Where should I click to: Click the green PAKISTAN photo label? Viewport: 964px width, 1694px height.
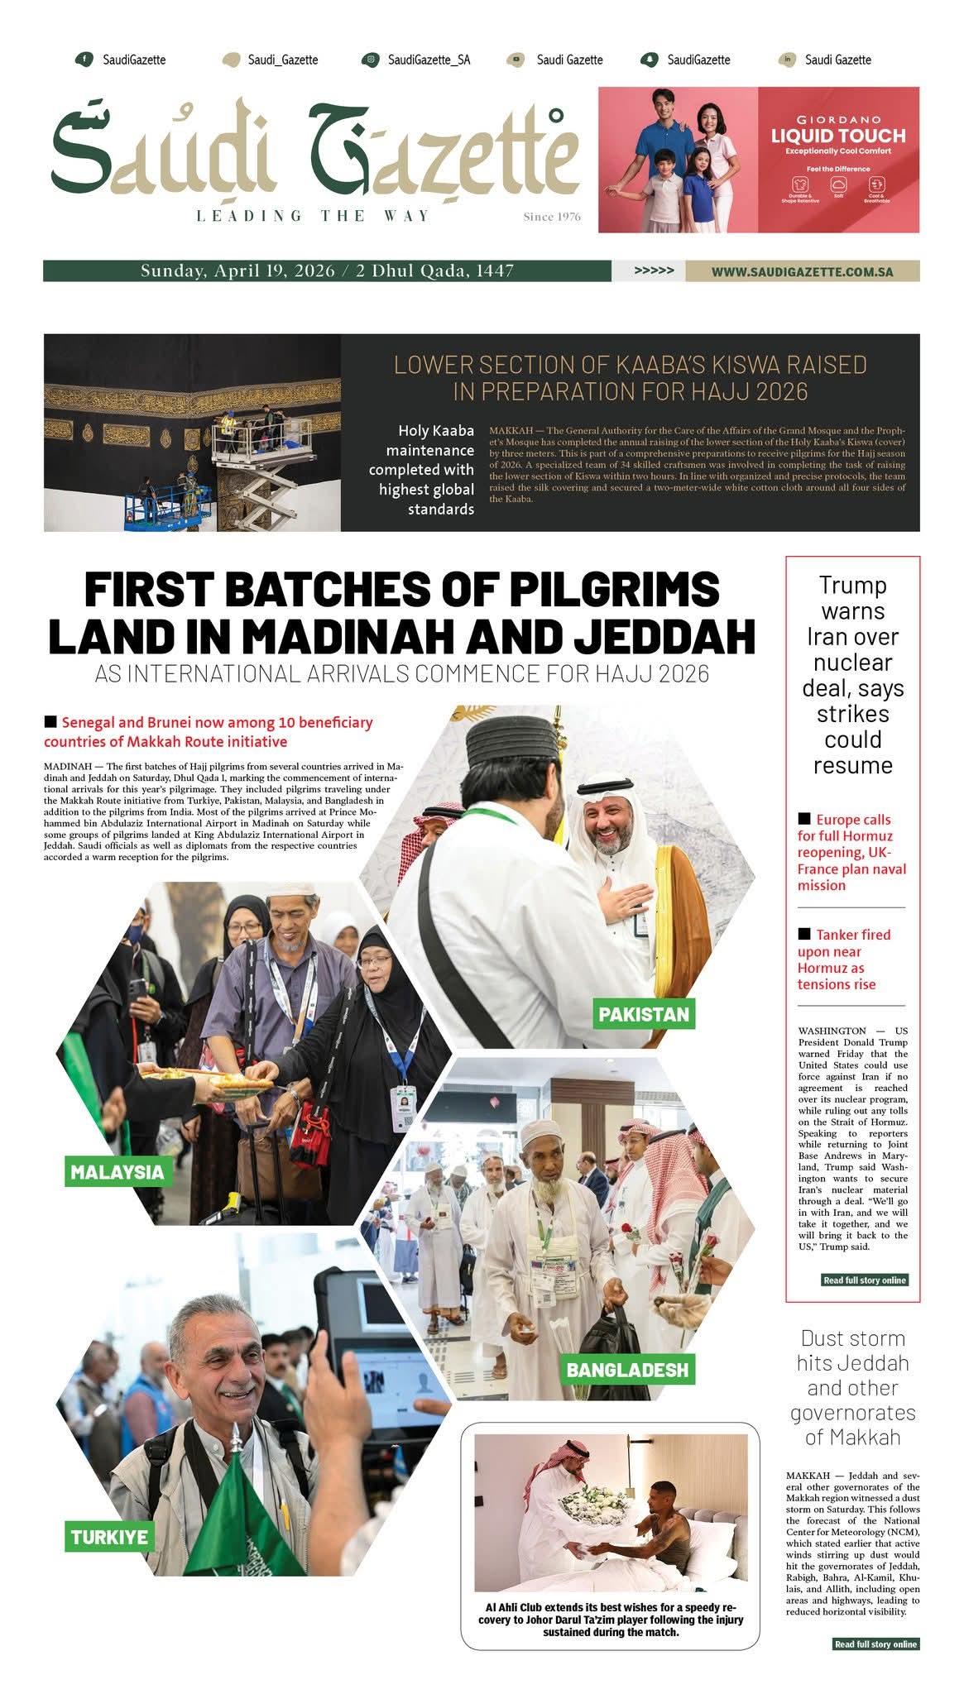(644, 1014)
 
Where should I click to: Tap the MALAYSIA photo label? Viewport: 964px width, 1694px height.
(117, 1172)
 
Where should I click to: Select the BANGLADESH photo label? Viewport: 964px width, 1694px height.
(627, 1370)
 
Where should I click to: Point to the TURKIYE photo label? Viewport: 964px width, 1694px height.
(109, 1538)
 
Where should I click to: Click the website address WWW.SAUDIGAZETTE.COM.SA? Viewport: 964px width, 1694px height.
(802, 271)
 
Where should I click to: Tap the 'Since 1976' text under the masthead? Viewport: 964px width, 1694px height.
(552, 217)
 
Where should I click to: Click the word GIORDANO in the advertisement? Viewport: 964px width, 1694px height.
(838, 120)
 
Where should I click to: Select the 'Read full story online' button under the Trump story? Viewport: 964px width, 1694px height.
(865, 1280)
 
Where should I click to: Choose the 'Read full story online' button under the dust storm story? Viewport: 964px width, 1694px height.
(875, 1644)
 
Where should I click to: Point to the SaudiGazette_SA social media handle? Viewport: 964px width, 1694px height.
(429, 60)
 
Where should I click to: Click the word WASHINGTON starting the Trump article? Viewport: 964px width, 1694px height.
(832, 1031)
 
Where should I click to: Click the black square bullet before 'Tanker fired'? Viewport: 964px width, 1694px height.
(804, 934)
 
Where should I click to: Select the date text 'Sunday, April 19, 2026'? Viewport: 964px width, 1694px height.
(237, 271)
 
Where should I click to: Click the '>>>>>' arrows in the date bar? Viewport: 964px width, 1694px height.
(654, 271)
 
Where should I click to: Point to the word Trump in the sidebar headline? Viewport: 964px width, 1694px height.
(852, 586)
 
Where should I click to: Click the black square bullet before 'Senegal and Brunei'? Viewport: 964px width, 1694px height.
(50, 722)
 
